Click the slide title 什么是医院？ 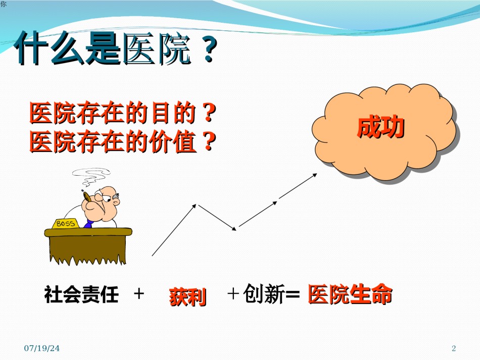[x=116, y=48]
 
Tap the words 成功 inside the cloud [x=381, y=127]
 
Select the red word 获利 [x=187, y=296]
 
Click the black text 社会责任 [x=81, y=294]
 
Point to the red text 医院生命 [x=350, y=294]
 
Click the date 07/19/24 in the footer [x=42, y=348]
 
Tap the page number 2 [x=454, y=348]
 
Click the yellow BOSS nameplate [x=66, y=224]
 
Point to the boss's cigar [x=86, y=196]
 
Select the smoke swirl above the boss [x=91, y=177]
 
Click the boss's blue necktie [x=88, y=224]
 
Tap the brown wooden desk [x=88, y=245]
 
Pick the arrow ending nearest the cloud [x=298, y=186]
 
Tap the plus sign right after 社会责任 [x=139, y=294]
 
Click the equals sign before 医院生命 [x=293, y=294]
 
